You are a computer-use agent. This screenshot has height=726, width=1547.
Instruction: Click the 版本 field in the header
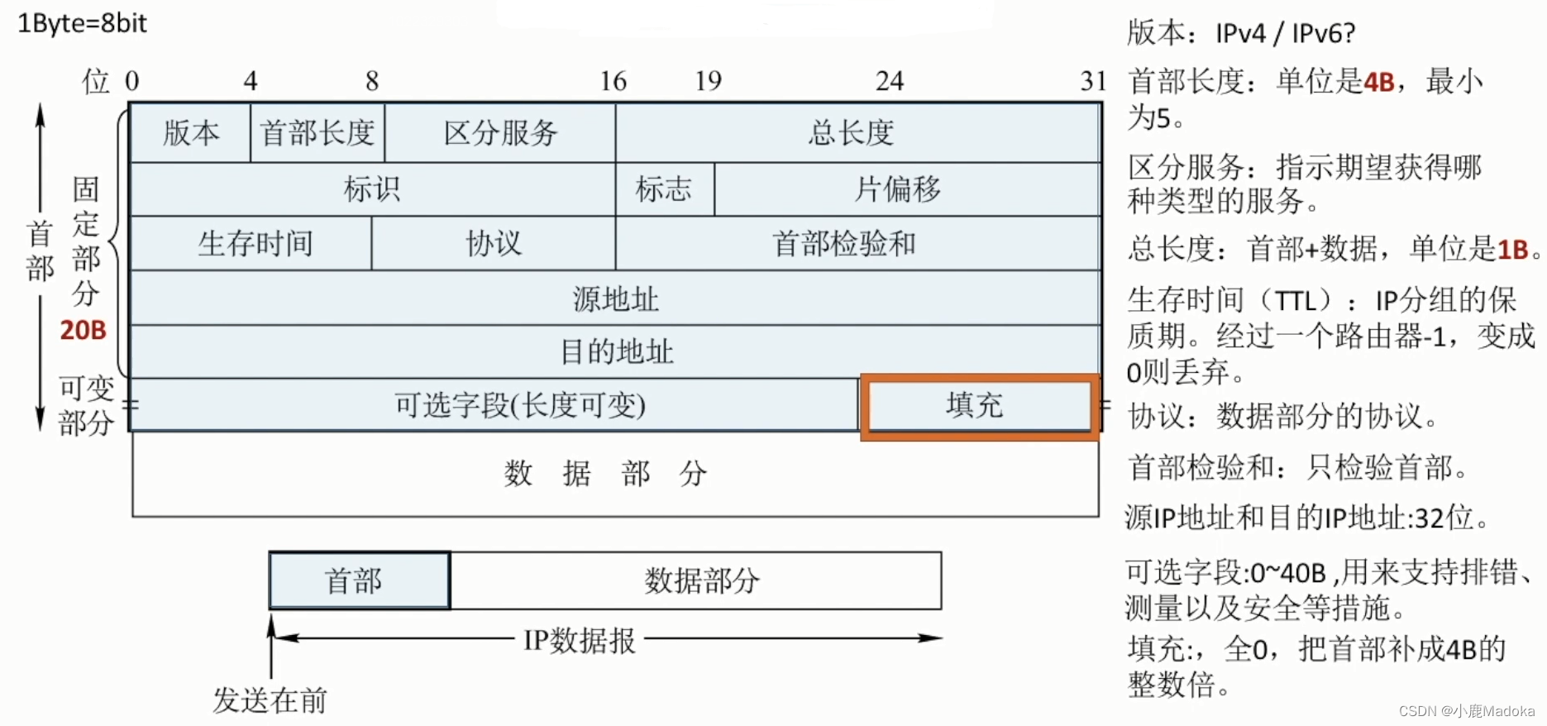191,133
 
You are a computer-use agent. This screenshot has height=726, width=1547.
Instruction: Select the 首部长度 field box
318,133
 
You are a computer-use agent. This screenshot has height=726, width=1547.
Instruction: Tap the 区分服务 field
500,133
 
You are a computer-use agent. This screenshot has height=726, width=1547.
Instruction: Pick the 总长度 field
852,133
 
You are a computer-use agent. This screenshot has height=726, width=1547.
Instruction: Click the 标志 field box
663,189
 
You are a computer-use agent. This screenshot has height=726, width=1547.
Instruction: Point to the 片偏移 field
898,189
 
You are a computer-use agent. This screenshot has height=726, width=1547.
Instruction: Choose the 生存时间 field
255,244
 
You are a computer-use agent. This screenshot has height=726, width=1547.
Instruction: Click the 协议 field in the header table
494,244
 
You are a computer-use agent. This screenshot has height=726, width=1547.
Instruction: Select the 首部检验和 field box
843,244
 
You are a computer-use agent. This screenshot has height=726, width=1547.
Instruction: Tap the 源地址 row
615,299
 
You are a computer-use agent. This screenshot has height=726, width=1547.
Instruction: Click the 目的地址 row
616,352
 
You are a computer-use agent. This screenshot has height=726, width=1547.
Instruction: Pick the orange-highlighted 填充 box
976,406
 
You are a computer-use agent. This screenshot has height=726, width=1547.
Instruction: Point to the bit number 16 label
614,81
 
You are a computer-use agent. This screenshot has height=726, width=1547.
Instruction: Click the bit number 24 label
890,81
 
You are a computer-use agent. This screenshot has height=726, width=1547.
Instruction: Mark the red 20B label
83,331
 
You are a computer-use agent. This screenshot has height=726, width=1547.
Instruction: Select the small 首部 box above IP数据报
354,581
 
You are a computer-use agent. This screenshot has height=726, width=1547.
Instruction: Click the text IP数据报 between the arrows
580,640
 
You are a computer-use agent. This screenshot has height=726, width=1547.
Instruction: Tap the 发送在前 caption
270,700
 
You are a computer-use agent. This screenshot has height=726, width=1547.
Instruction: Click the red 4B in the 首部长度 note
1378,82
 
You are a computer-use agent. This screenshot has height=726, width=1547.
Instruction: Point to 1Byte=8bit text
82,23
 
